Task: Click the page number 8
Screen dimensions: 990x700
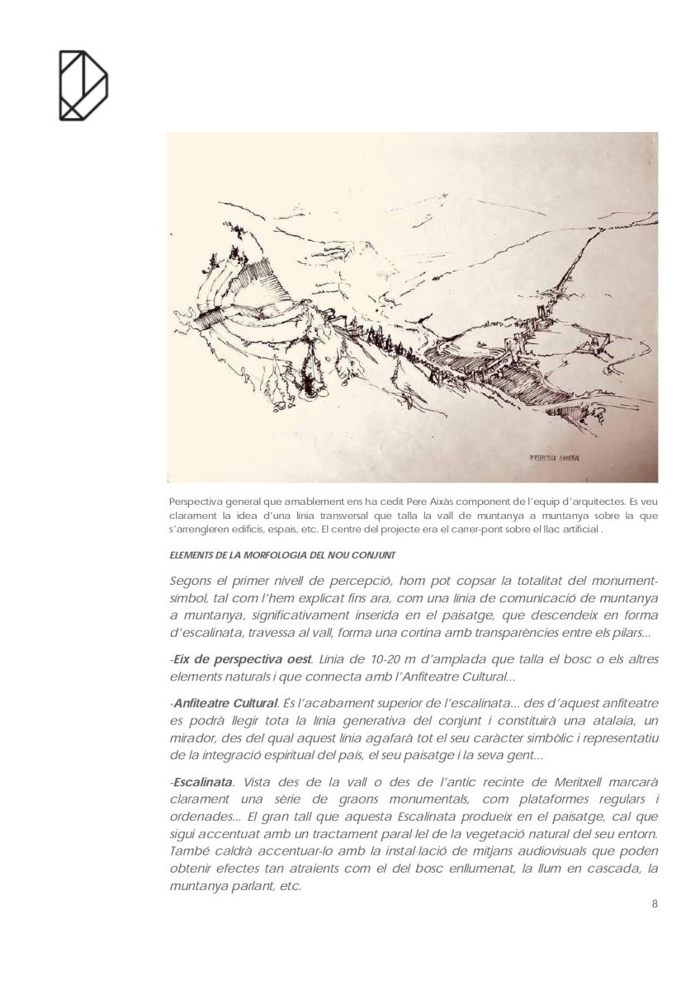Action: click(655, 903)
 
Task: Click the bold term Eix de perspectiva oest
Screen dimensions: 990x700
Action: click(242, 659)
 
